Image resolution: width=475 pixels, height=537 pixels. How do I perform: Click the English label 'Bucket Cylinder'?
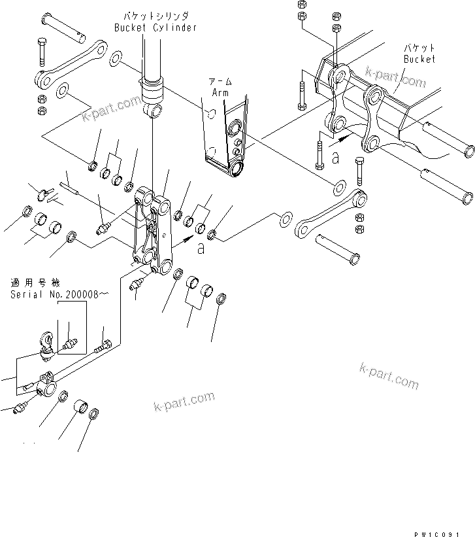coord(155,27)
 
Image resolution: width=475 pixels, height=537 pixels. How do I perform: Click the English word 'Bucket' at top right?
coord(419,59)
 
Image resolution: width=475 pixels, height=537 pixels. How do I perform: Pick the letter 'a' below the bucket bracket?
coord(335,157)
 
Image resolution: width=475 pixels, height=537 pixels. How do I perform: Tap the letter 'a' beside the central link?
coord(201,249)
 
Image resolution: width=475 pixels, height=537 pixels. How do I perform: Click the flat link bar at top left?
coord(71,65)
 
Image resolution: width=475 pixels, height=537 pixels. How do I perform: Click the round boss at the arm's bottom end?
coord(235,170)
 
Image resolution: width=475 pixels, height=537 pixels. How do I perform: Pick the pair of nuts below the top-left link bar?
coord(42,103)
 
